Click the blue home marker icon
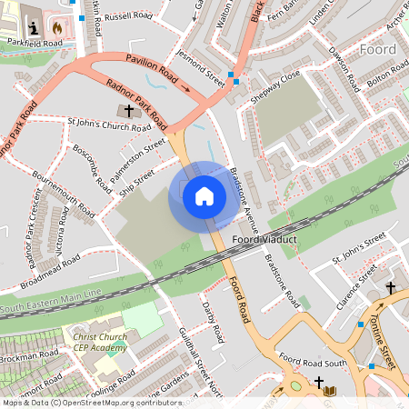click(x=204, y=195)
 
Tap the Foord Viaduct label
click(x=265, y=240)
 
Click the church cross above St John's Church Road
click(x=128, y=111)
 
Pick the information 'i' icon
click(x=35, y=28)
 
